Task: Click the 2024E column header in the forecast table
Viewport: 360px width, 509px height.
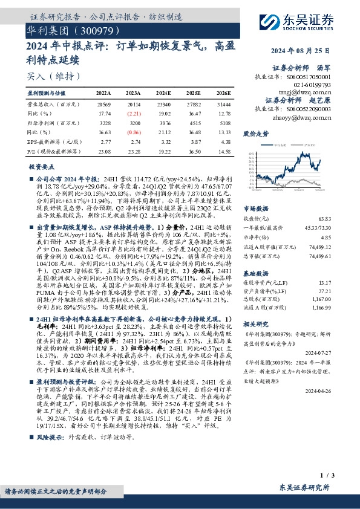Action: click(163, 93)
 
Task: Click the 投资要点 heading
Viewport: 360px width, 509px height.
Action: click(41, 166)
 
